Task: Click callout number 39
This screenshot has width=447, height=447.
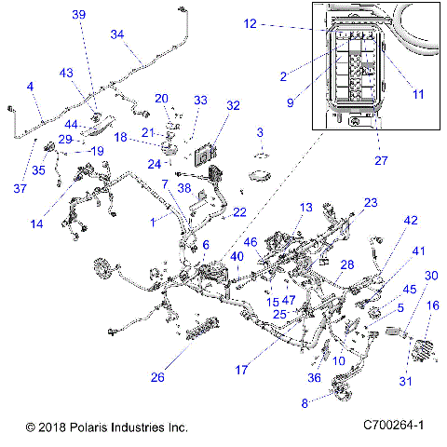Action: point(78,14)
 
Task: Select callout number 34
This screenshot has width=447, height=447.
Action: point(117,34)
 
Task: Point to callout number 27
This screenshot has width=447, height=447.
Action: point(379,160)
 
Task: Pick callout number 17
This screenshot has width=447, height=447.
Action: point(241,370)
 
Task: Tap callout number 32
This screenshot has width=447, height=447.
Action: point(233,105)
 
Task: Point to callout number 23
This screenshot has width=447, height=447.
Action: point(370,202)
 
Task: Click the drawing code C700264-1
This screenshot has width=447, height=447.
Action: point(394,426)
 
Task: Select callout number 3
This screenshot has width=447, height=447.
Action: point(260,132)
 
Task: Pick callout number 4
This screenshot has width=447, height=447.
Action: point(31,87)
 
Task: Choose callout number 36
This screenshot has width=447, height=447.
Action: point(314,377)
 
